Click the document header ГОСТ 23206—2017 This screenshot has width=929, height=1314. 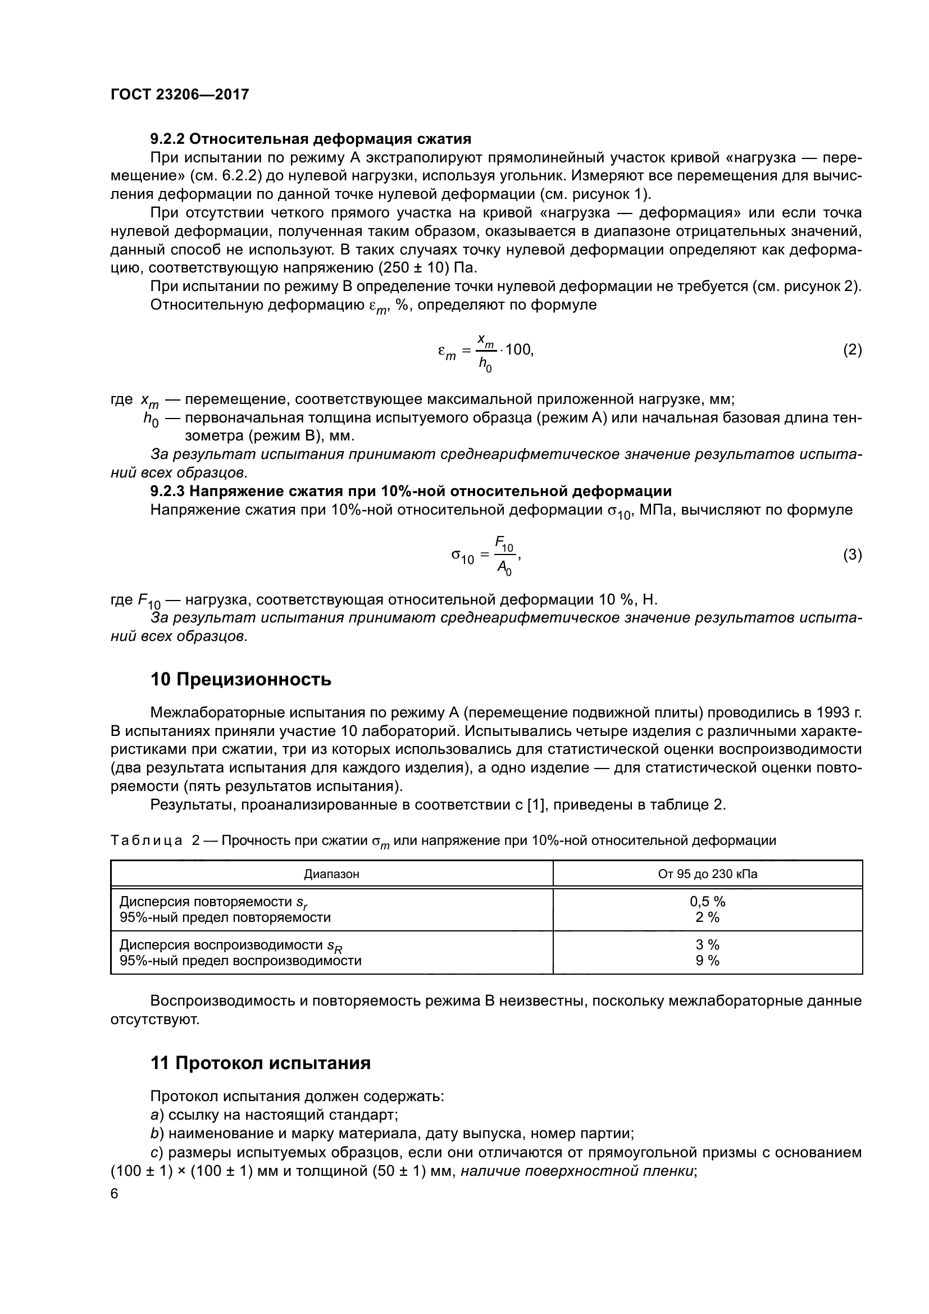tap(180, 94)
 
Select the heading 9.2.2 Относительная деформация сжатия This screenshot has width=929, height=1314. tap(311, 139)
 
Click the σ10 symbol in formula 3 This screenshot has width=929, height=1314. tap(462, 556)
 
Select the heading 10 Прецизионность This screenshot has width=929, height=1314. tap(241, 679)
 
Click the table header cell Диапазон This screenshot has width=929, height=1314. tap(331, 874)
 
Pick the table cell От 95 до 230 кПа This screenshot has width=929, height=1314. tap(708, 874)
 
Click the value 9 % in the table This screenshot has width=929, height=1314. tap(707, 960)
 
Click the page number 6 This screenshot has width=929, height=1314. tap(115, 1194)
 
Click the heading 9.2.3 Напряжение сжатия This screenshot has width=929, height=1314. tap(411, 491)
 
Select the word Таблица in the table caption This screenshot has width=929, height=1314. tap(147, 841)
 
